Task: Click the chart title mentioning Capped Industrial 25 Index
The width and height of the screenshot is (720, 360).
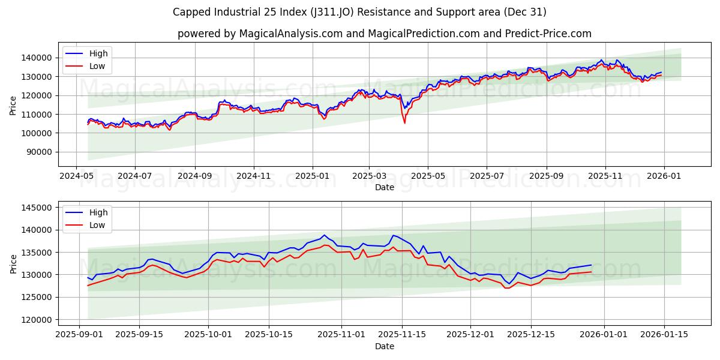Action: click(x=359, y=12)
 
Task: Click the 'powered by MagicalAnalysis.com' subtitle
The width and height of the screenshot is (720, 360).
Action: click(x=384, y=34)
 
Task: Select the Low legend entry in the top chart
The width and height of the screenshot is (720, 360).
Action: click(x=97, y=66)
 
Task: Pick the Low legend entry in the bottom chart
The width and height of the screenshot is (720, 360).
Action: click(x=97, y=225)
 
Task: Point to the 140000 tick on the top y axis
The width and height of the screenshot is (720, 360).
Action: click(x=37, y=58)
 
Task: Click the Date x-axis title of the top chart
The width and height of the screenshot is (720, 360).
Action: click(x=384, y=187)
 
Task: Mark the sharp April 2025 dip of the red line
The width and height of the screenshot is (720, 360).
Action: click(x=404, y=123)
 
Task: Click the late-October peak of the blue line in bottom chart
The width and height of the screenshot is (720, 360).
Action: click(x=324, y=235)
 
